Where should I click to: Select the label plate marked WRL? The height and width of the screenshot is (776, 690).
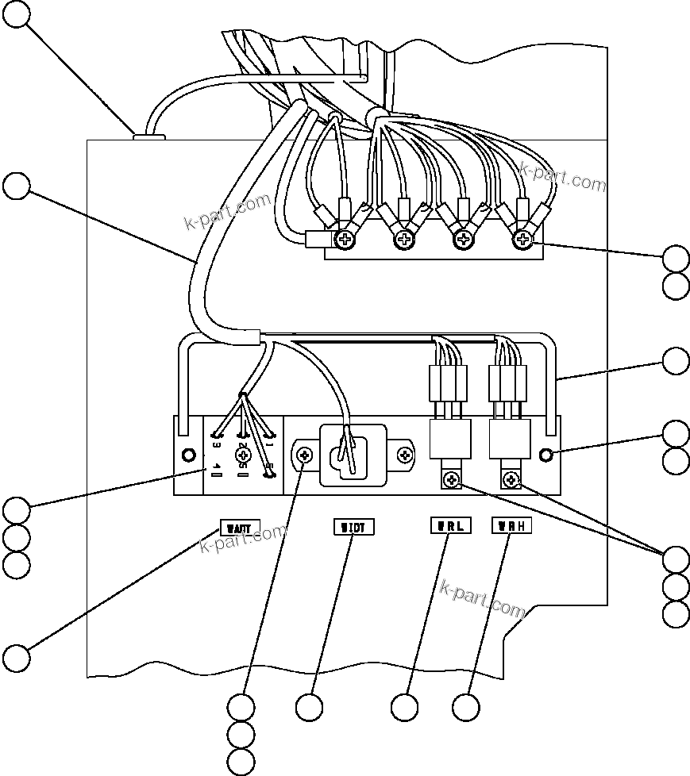click(450, 525)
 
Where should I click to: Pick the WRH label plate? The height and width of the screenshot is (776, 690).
click(511, 525)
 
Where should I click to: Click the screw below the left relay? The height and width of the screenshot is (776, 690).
click(451, 479)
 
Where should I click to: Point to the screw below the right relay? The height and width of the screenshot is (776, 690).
click(511, 479)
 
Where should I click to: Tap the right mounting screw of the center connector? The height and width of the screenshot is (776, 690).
click(406, 455)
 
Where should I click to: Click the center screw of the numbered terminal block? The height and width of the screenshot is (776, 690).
click(244, 455)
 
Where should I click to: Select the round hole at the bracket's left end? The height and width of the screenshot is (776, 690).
click(189, 455)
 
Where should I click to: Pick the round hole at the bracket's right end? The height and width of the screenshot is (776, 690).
click(546, 455)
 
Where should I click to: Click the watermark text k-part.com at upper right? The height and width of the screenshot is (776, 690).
click(563, 178)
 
